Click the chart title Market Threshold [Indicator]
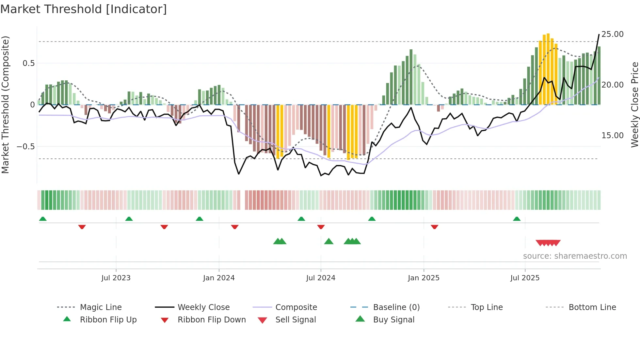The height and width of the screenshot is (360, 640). coord(84,9)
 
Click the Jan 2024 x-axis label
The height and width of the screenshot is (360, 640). coord(219,278)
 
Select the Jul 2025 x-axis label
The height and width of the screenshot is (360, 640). coord(525,278)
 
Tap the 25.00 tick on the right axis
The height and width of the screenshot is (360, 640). coord(612,34)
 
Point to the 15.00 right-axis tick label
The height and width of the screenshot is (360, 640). coord(612,135)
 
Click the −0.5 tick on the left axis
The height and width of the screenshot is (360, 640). coord(25,146)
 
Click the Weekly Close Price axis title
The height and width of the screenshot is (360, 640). coord(634,105)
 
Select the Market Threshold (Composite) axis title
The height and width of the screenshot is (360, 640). coord(5,105)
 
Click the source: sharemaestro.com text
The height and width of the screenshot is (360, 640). coord(575,256)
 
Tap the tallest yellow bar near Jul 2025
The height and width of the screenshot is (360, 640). coord(548,69)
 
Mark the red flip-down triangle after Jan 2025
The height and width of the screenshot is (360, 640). coord(434,227)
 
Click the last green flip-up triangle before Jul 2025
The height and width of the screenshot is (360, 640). coord(517,219)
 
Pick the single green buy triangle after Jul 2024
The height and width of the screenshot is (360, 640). coord(329,241)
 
